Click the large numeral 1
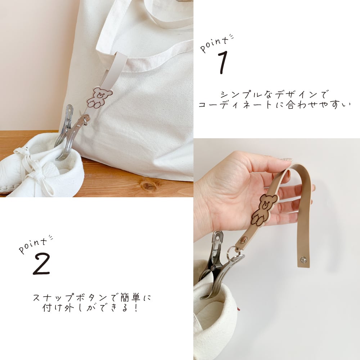coord(223,62)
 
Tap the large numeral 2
coord(41,264)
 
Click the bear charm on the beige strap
coord(99,97)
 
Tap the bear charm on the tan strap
coord(264,209)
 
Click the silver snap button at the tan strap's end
coord(303,260)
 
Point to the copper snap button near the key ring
coord(243,240)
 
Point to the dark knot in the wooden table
coord(148,185)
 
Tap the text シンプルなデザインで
coord(274,94)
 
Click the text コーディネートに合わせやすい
coord(274,105)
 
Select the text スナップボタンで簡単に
coord(92,298)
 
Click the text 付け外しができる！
coord(90,308)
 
